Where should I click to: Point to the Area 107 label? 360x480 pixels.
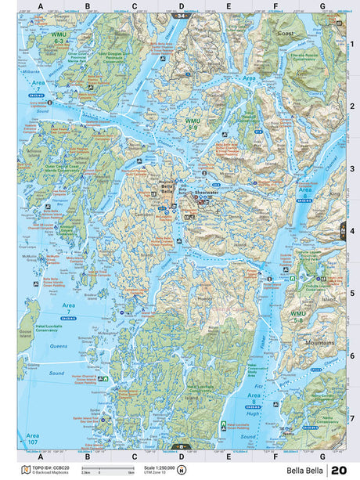click(32, 438)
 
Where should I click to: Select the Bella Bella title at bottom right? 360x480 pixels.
click(305, 470)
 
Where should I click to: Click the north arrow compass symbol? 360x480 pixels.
click(182, 470)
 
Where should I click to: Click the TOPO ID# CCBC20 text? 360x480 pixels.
click(48, 467)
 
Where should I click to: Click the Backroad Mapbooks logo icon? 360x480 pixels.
click(24, 469)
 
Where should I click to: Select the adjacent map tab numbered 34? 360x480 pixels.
click(182, 16)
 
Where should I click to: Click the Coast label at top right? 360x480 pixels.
click(286, 34)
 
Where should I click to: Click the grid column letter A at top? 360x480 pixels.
click(40, 7)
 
